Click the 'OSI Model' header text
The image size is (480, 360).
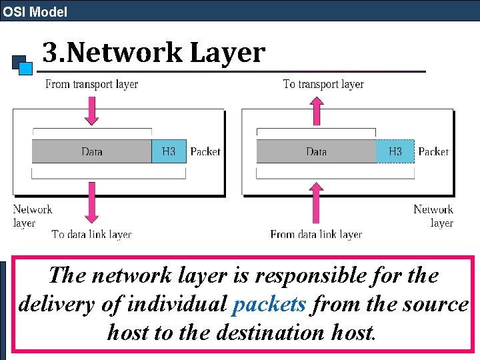tap(35, 11)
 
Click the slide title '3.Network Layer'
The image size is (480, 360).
tap(153, 53)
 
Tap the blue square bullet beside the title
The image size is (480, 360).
tap(25, 67)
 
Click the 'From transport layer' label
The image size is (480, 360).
tap(91, 84)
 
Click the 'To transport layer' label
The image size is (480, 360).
tap(323, 84)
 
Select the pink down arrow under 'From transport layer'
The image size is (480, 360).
tap(92, 109)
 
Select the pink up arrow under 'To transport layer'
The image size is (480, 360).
tap(317, 109)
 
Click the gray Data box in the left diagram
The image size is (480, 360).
tap(91, 151)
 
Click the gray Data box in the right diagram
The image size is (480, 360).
tap(316, 151)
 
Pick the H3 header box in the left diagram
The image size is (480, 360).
tap(169, 151)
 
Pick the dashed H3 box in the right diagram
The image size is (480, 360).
tap(395, 151)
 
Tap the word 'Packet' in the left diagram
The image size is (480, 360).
tap(205, 151)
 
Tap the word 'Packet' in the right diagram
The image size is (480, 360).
tap(433, 151)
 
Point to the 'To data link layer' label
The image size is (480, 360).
tap(91, 234)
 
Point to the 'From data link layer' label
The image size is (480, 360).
tap(316, 234)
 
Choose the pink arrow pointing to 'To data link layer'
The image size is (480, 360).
tap(92, 204)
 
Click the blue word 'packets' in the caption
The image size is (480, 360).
tap(269, 304)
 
